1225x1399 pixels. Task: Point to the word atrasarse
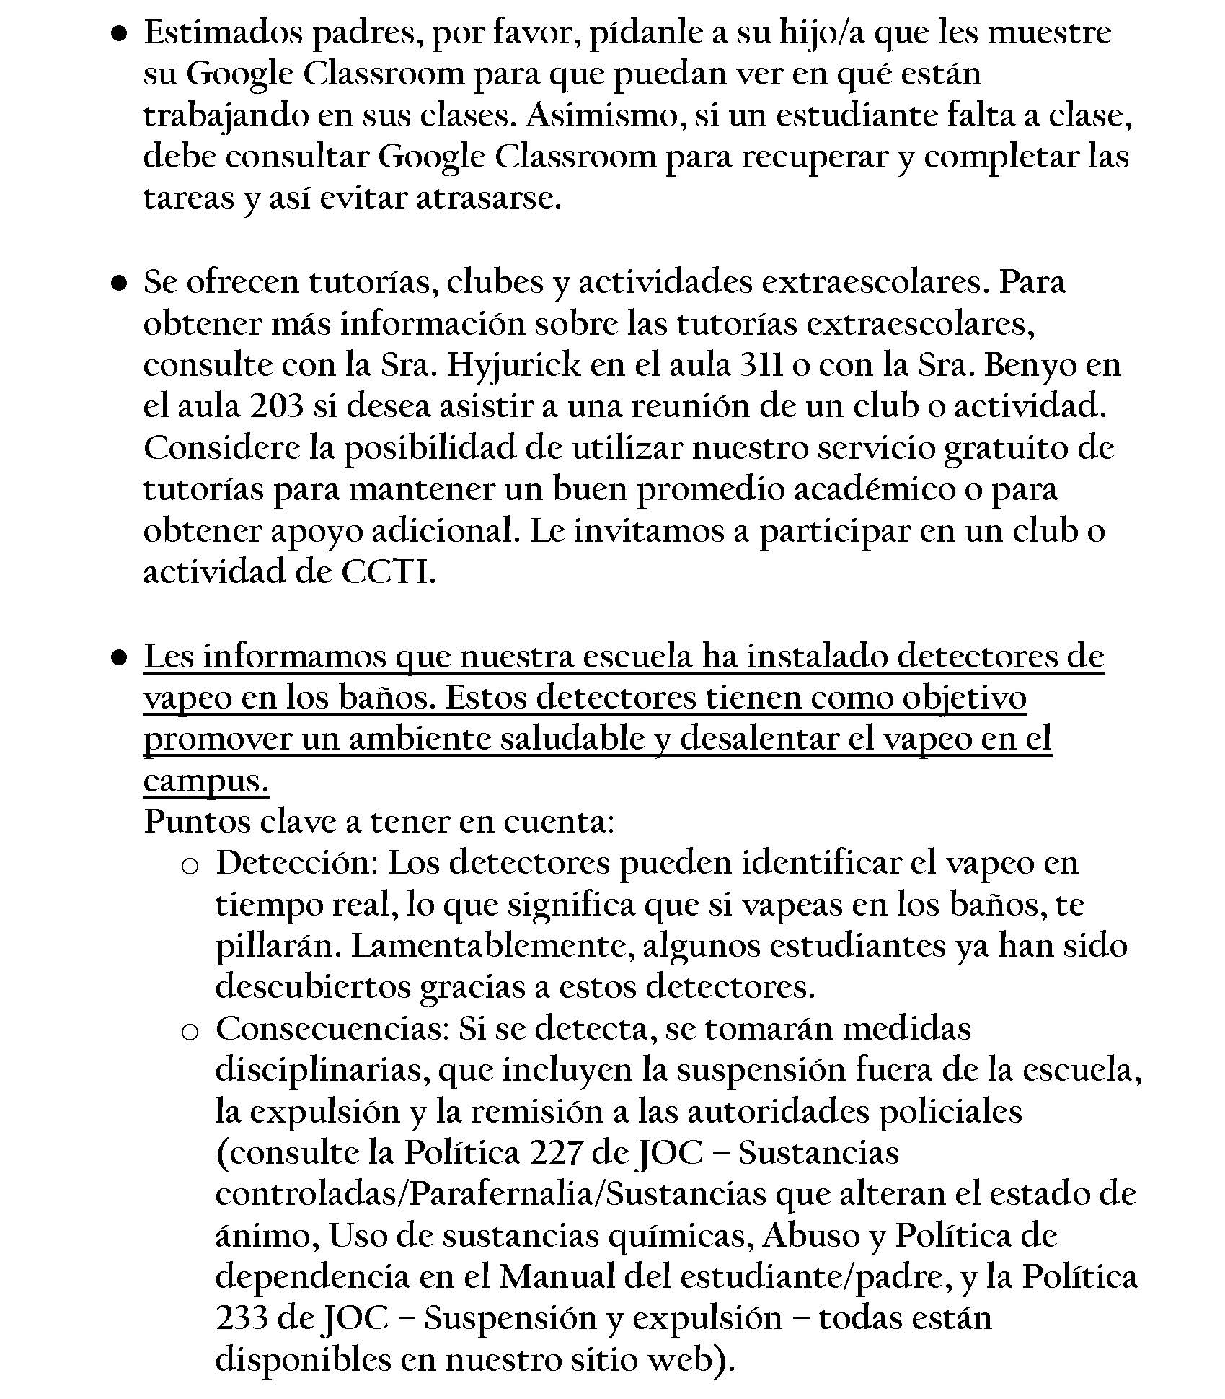(x=488, y=199)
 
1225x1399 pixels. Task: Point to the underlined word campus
(x=205, y=781)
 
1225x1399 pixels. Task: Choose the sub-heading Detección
(x=297, y=864)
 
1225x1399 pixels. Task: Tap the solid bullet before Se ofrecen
(x=120, y=284)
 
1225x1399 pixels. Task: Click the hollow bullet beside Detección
(x=190, y=867)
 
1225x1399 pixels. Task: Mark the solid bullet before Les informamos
(x=120, y=658)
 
